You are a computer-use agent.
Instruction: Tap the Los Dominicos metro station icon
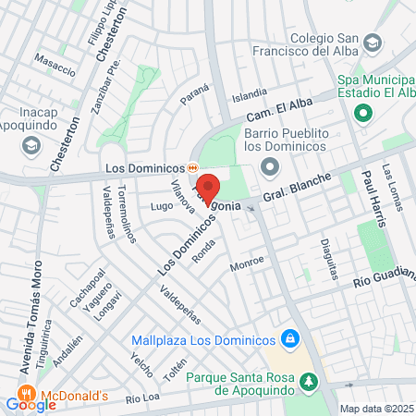(x=192, y=168)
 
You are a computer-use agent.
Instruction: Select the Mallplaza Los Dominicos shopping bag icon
(x=290, y=339)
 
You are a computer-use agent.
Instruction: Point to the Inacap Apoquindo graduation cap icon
(x=31, y=145)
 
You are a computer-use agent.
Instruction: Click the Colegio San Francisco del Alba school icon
(x=372, y=43)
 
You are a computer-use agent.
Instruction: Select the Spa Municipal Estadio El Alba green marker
(x=363, y=114)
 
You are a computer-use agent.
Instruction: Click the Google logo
(x=31, y=403)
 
